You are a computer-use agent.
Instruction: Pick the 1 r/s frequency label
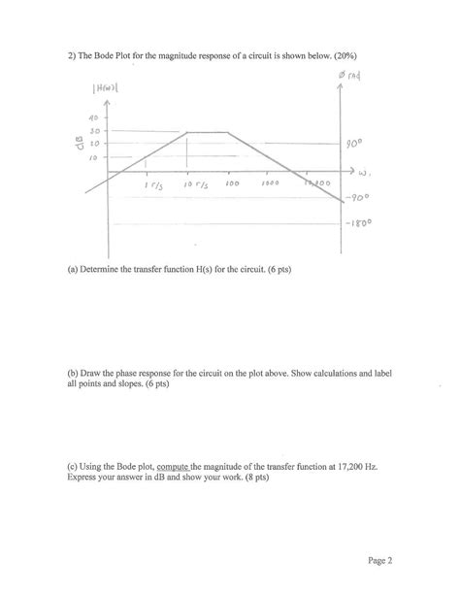(151, 184)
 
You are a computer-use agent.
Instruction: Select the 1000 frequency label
(269, 183)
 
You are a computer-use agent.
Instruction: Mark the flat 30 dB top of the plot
(208, 132)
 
